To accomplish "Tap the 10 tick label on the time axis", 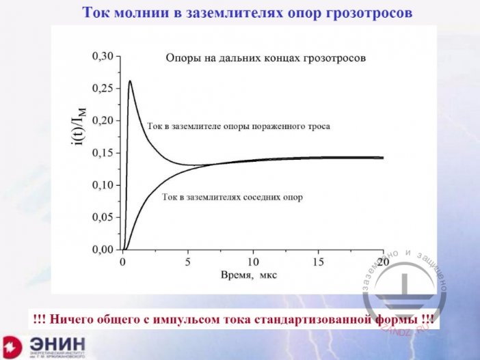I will pyautogui.click(x=253, y=262).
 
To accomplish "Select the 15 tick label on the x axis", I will pyautogui.click(x=318, y=262).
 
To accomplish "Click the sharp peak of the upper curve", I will pyautogui.click(x=130, y=81).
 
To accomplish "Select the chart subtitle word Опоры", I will pyautogui.click(x=182, y=59).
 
